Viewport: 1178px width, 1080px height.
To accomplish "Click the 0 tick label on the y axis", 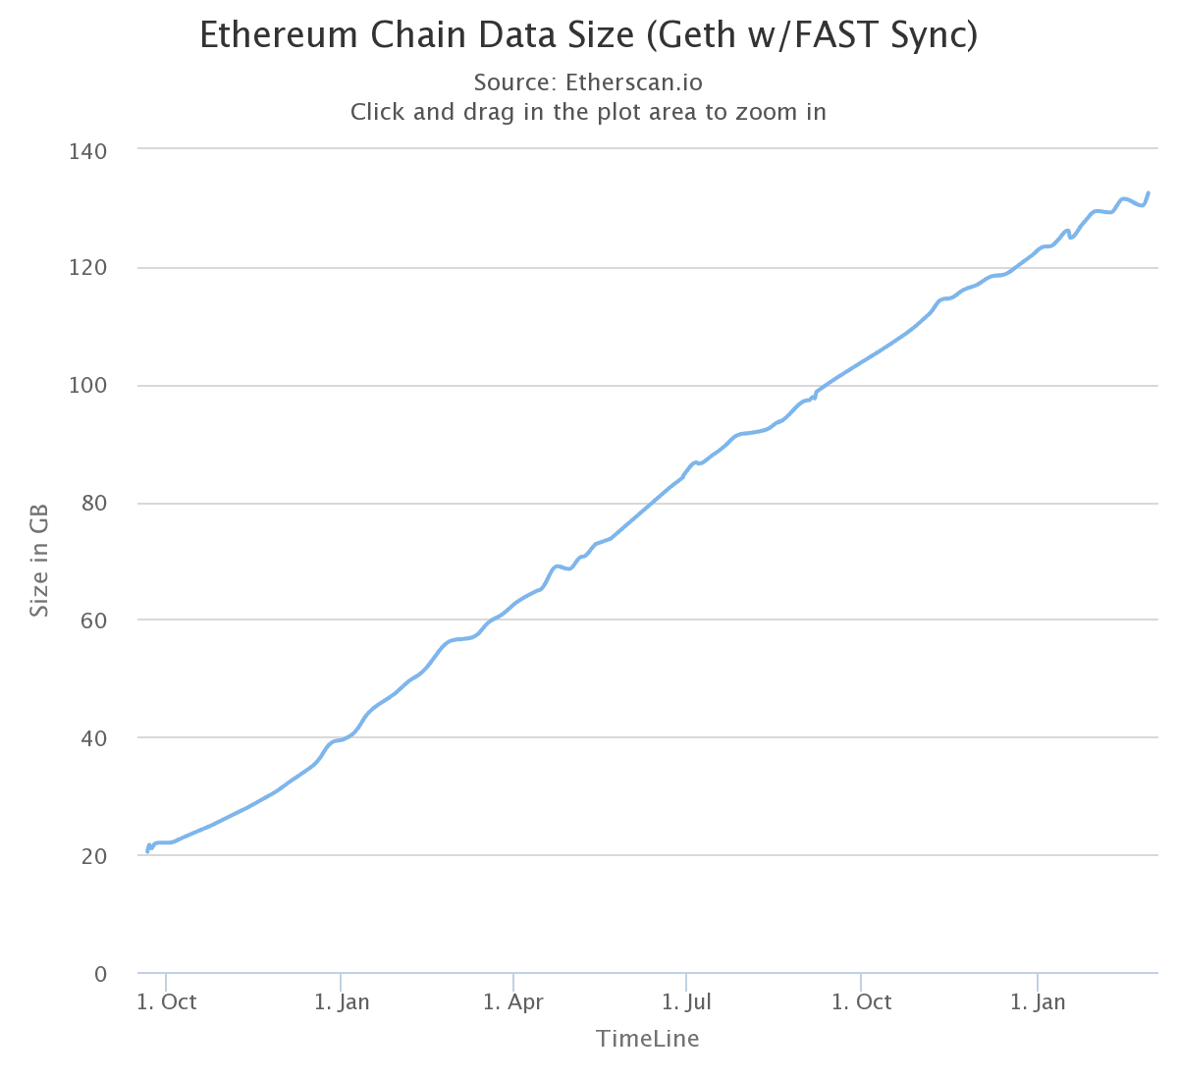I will [x=100, y=974].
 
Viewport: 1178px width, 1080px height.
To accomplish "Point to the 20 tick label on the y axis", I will [x=94, y=856].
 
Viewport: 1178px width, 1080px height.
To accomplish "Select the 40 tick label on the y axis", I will [x=94, y=738].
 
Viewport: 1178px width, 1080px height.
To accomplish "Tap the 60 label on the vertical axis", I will [x=94, y=621].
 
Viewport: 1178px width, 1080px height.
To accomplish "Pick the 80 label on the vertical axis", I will [x=94, y=504].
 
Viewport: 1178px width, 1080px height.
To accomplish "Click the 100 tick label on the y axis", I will [x=88, y=386].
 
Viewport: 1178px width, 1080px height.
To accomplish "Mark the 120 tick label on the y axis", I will [x=88, y=268].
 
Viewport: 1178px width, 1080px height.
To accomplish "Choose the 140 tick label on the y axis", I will [x=88, y=151].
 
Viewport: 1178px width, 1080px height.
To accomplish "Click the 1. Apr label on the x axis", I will [x=513, y=1002].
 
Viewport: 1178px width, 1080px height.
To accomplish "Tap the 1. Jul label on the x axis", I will [x=686, y=1002].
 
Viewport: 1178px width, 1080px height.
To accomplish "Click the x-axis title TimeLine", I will [x=647, y=1039].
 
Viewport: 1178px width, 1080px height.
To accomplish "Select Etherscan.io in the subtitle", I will [x=634, y=82].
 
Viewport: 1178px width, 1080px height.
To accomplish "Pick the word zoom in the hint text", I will [x=741, y=112].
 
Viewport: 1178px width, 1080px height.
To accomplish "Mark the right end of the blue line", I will [x=1149, y=193].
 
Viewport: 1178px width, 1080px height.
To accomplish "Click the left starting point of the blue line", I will [x=147, y=851].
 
